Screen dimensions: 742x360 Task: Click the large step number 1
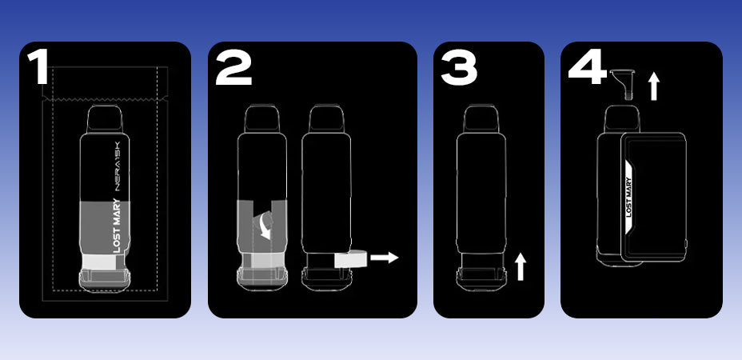point(38,66)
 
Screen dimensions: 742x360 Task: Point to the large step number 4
point(587,66)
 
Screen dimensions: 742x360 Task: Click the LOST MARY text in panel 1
point(118,226)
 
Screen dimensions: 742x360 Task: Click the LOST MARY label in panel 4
point(628,197)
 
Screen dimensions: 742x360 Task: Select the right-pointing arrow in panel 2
point(385,258)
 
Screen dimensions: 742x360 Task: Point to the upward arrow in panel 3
point(521,267)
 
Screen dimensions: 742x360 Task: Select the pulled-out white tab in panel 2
point(351,258)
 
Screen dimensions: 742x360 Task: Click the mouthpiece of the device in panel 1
point(105,120)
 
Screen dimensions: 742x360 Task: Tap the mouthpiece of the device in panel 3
point(481,118)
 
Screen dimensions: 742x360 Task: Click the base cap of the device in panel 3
point(481,280)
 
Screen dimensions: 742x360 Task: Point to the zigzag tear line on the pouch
point(105,98)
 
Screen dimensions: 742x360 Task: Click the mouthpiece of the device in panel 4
point(622,118)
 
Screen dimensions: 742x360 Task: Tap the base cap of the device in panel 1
point(105,280)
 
